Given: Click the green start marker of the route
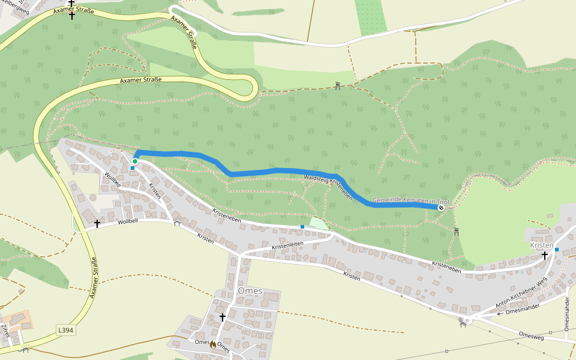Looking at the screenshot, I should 135,161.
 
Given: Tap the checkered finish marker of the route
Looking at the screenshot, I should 441,208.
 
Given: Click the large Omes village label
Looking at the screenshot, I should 250,291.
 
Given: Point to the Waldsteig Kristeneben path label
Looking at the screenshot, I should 328,186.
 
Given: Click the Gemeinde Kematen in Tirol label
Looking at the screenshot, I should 410,200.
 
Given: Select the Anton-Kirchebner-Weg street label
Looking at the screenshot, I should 521,292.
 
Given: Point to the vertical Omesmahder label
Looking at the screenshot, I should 567,314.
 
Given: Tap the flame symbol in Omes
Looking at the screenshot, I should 212,344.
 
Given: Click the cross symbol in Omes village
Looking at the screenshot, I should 222,317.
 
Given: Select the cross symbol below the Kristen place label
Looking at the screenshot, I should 545,256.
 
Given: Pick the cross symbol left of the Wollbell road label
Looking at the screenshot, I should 97,223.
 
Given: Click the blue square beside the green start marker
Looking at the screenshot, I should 133,168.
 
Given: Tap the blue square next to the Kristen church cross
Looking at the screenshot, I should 557,250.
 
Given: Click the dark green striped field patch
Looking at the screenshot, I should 370,16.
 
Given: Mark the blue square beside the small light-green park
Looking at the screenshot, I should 302,227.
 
